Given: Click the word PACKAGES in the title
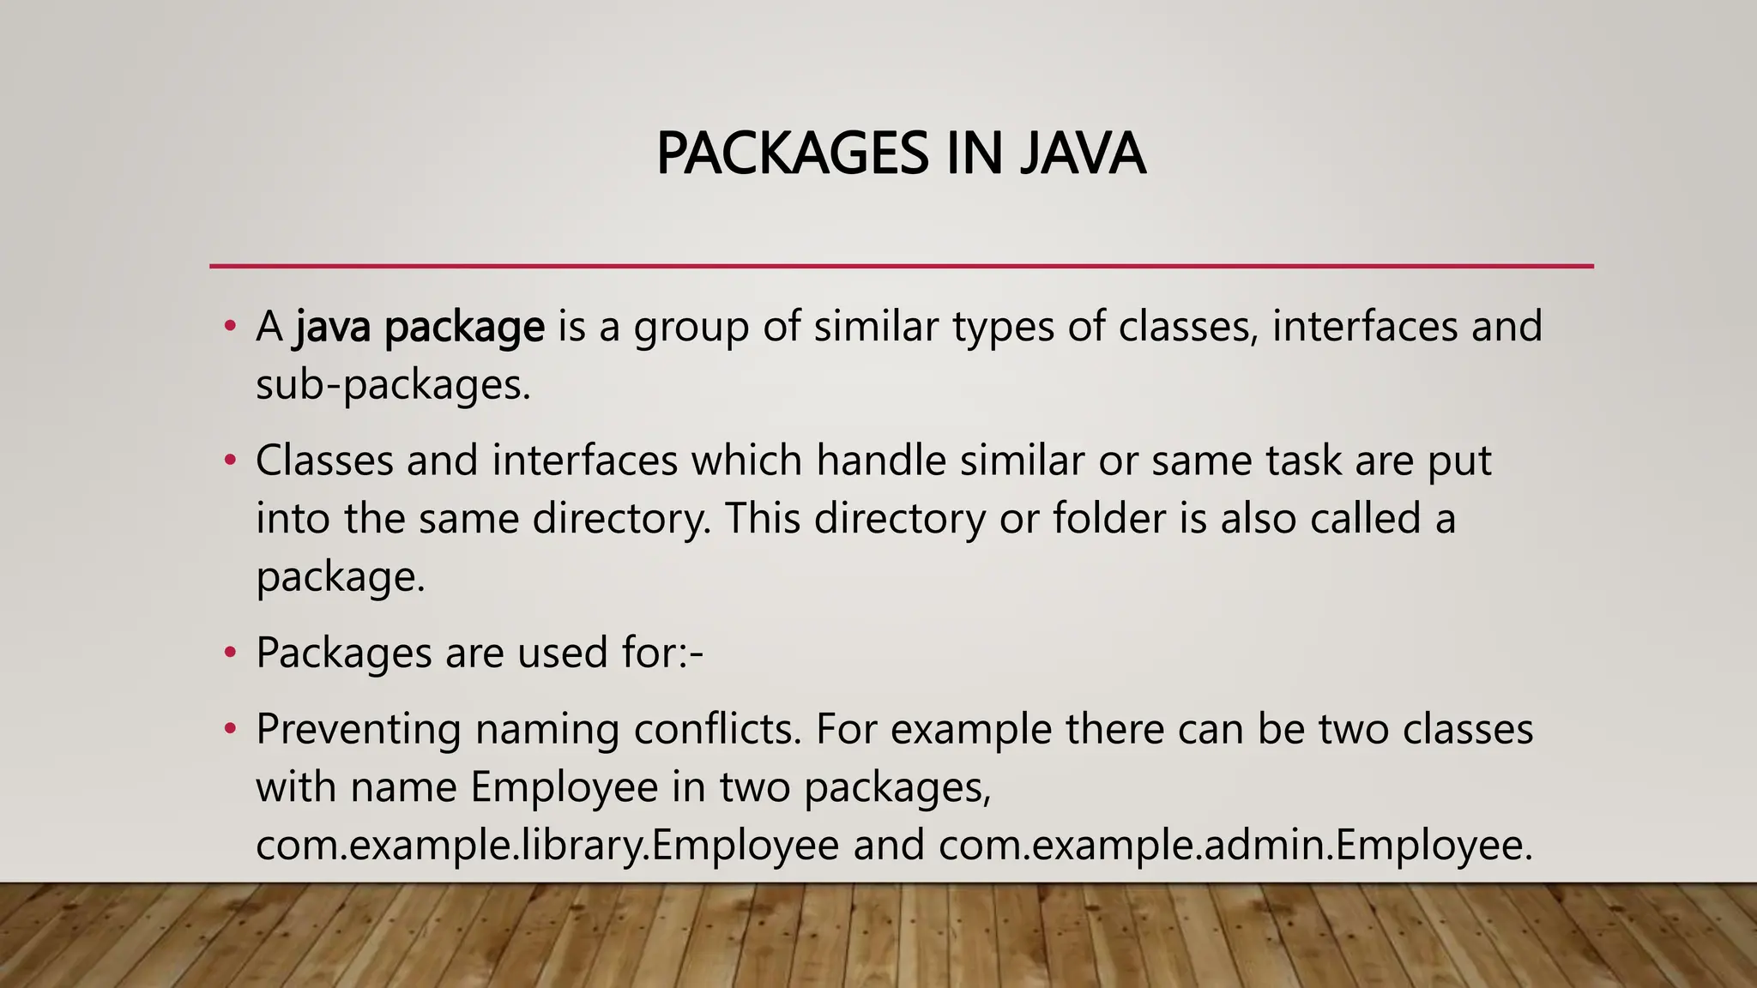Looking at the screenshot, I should coord(791,154).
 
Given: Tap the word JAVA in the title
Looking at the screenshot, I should coord(1082,154).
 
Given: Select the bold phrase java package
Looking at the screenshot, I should coord(420,328).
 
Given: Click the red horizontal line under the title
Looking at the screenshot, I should coord(901,266).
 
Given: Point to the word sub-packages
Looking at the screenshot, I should coord(392,385).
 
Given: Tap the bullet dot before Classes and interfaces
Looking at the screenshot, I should coord(229,461).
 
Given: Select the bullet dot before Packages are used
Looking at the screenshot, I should coord(229,654).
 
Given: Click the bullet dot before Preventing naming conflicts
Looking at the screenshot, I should coord(229,730).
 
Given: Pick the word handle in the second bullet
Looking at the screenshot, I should coord(880,461).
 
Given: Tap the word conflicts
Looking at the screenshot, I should coord(717,730).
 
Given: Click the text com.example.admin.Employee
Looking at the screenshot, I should coord(1235,846).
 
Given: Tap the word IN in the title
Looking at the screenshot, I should coord(975,154).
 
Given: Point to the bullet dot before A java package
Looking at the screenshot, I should coord(229,327).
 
